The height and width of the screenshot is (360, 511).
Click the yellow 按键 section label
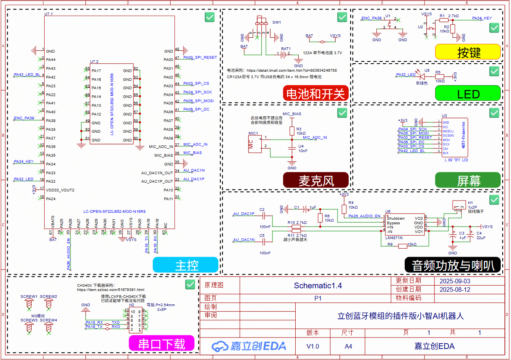pos(468,52)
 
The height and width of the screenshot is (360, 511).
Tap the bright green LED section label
pos(468,93)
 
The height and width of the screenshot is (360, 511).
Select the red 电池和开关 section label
pos(316,93)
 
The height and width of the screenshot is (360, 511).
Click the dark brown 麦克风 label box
pos(316,180)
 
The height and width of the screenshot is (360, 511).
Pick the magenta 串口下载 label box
pos(162,343)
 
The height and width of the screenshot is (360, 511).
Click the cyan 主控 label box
pos(186,265)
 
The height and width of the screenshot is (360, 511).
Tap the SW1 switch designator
pos(277,22)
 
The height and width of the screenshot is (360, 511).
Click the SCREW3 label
pos(29,320)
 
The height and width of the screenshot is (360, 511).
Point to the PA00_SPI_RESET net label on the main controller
pos(200,58)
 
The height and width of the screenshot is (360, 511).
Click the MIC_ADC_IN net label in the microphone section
pos(314,138)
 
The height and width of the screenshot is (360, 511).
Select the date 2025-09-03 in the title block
pos(455,281)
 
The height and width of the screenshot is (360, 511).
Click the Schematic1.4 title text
pos(318,286)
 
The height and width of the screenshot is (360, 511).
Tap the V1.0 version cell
pos(313,346)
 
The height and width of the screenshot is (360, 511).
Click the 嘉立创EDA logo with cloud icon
pos(249,346)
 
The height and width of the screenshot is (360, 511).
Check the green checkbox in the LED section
pos(494,71)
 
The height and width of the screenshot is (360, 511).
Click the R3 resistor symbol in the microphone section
pos(292,131)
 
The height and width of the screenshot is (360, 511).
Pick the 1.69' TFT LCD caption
pos(456,160)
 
